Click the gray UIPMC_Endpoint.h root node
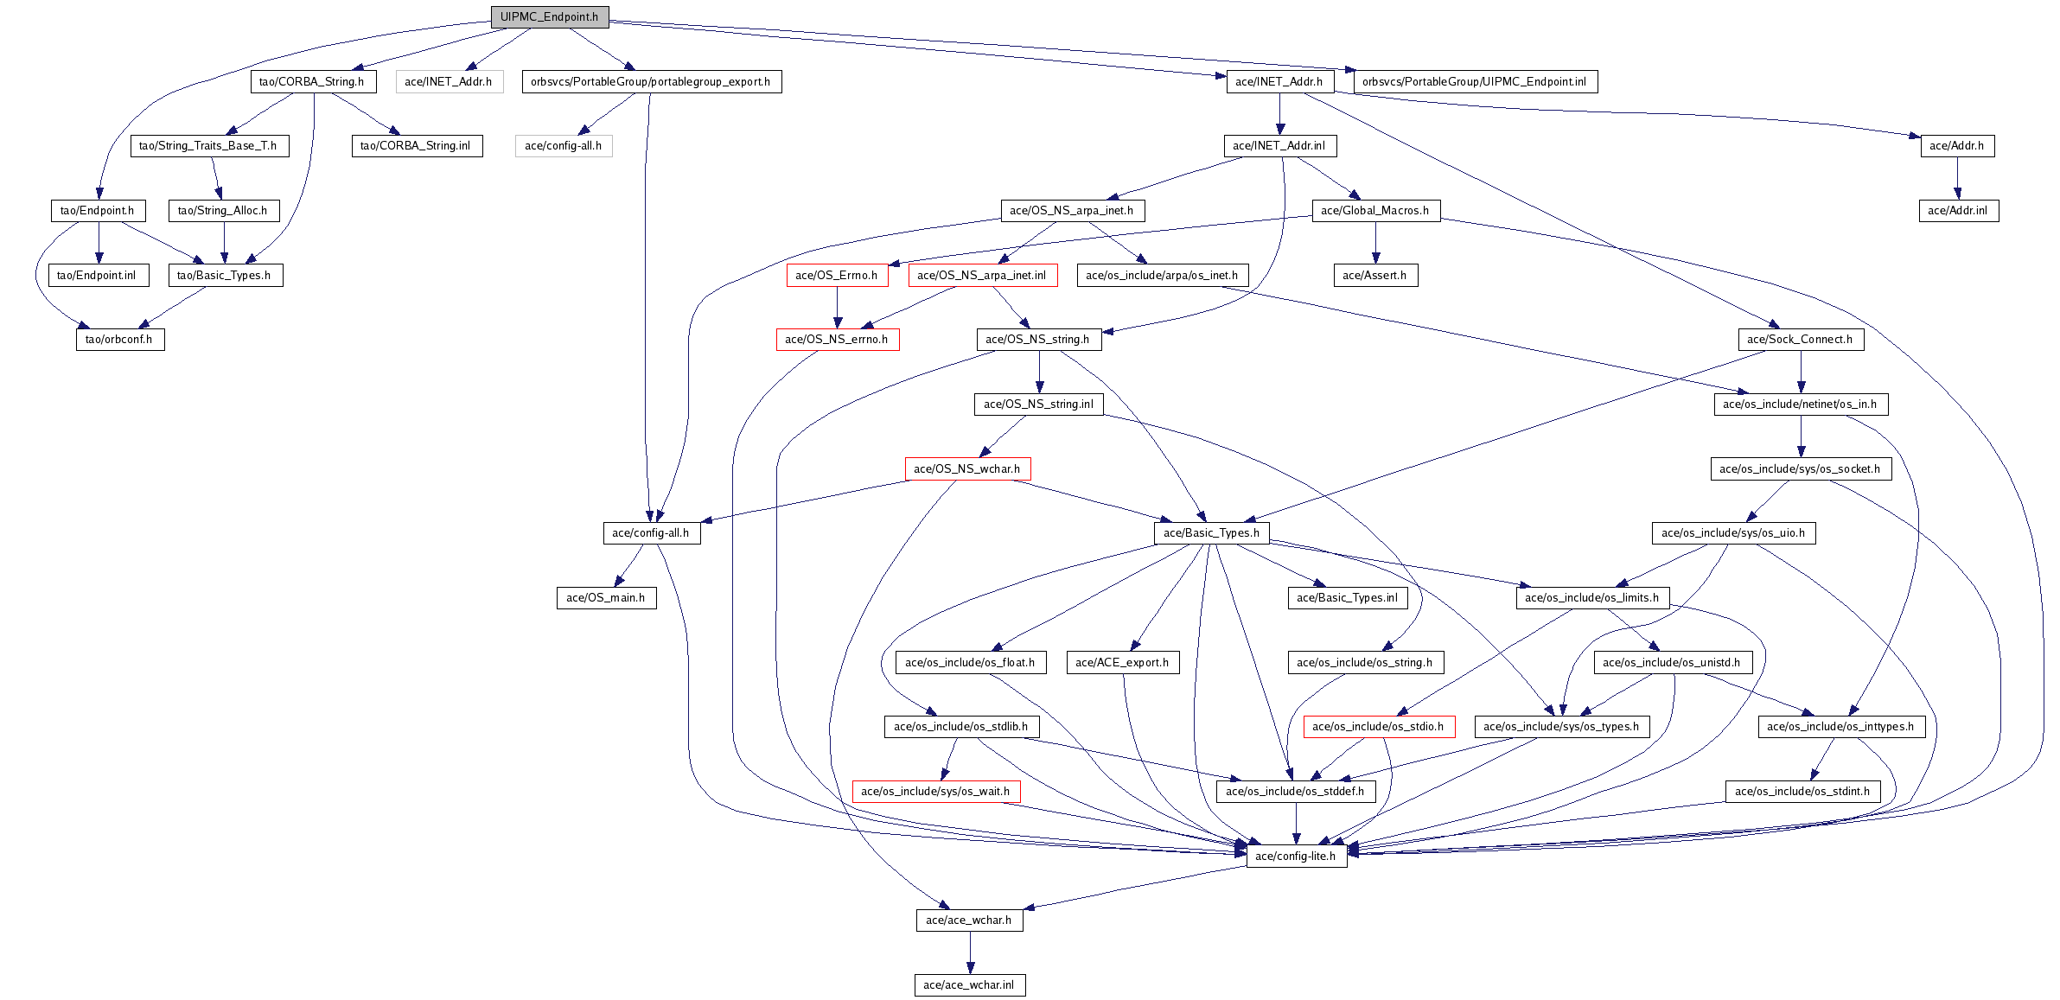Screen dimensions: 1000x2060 550,17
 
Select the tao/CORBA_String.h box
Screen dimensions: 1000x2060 312,82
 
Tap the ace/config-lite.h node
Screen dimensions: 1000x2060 1296,857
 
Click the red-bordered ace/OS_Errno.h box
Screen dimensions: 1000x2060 836,276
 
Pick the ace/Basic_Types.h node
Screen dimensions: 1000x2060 1211,533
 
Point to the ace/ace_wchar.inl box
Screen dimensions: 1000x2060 969,985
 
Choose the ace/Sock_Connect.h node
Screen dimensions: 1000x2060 1800,340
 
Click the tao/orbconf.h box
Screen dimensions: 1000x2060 119,340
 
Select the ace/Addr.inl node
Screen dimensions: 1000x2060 1958,211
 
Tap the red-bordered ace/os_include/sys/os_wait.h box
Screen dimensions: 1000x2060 935,792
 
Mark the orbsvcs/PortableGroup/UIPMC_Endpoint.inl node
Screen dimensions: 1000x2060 1475,82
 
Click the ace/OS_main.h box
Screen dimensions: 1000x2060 606,598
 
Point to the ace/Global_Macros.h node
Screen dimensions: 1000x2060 1375,211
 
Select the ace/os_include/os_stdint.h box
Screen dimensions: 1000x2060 1802,792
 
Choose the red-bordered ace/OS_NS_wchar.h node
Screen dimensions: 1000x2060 967,469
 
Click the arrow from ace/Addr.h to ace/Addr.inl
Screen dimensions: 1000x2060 1958,178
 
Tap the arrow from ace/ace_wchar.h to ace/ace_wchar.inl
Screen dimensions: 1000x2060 970,952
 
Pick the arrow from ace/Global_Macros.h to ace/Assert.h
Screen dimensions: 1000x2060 1375,243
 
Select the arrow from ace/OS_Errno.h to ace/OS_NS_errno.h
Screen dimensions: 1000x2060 837,308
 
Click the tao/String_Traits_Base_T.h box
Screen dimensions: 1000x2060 208,146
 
